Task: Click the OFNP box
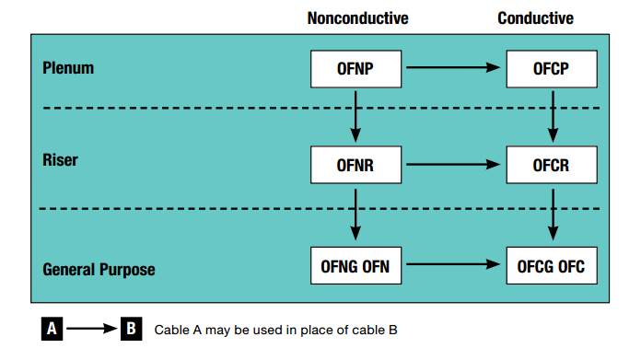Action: point(355,69)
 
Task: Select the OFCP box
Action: point(552,69)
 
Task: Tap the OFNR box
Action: point(355,165)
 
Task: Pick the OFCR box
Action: point(552,165)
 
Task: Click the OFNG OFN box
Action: point(355,265)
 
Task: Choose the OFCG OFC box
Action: point(552,265)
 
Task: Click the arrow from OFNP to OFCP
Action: point(453,67)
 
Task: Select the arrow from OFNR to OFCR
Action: point(453,164)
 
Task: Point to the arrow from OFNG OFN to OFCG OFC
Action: point(453,264)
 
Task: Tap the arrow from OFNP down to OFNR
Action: point(355,116)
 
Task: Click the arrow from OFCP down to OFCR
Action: point(554,116)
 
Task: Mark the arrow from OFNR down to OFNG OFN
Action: point(355,215)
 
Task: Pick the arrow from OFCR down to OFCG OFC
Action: point(554,215)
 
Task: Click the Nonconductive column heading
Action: point(357,18)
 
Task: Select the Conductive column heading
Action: point(535,18)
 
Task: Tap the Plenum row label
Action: point(68,68)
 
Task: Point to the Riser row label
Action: point(60,160)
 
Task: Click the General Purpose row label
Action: point(99,270)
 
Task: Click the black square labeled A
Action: point(52,329)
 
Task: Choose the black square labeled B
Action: point(131,329)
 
